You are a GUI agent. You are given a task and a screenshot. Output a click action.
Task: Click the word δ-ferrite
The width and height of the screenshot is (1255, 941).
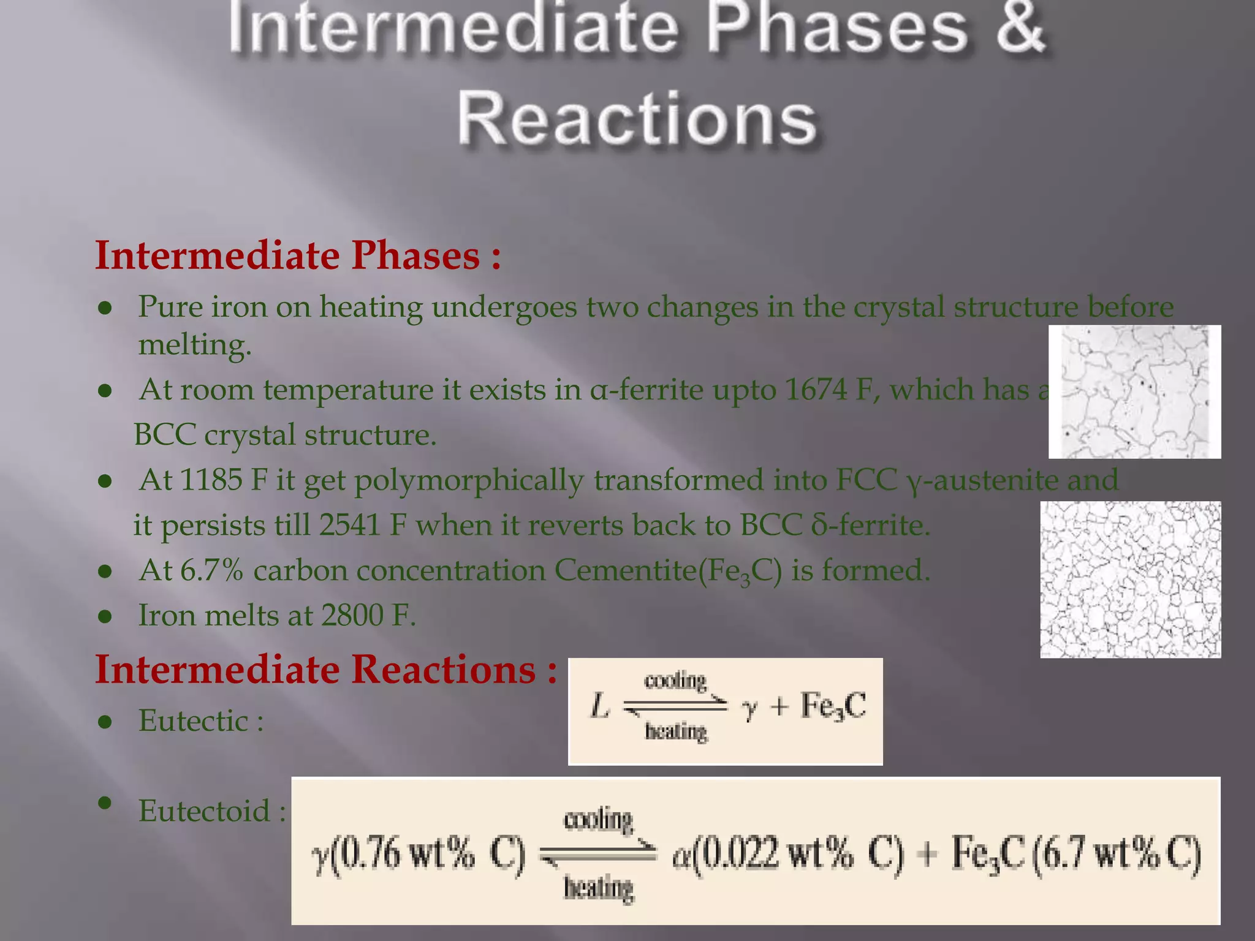[x=870, y=526]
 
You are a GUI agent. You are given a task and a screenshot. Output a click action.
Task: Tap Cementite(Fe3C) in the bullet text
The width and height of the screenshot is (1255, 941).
[x=668, y=571]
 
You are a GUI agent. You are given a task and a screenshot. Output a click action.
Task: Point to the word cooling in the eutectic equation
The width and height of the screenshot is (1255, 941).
[x=675, y=680]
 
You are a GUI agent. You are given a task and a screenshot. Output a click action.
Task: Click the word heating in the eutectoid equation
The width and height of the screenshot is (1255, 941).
[x=598, y=888]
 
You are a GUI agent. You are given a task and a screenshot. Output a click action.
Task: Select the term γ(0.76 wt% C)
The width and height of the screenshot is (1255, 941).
[x=419, y=854]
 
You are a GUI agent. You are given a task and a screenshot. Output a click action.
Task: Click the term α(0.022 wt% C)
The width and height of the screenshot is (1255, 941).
[x=787, y=854]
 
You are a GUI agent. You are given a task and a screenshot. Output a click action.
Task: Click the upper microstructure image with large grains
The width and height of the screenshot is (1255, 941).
[x=1134, y=392]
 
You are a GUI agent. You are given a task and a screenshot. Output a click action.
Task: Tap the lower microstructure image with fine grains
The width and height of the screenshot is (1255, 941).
[x=1130, y=580]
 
